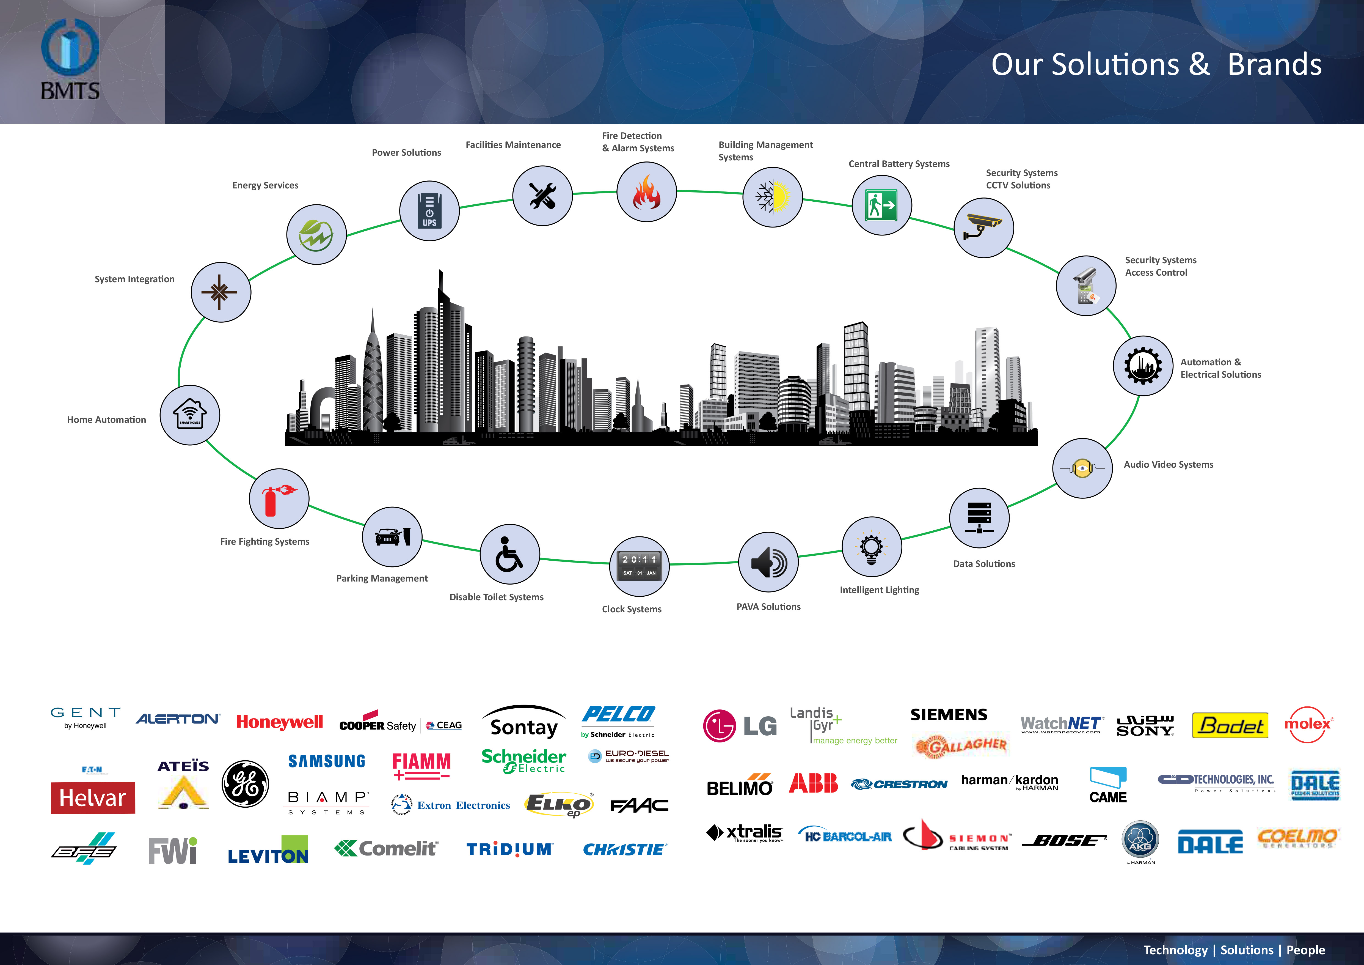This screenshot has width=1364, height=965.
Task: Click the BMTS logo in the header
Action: click(70, 59)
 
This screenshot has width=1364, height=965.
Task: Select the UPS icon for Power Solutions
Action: click(429, 211)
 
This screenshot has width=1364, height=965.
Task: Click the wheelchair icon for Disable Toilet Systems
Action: click(509, 554)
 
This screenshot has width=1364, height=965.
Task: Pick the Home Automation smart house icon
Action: click(190, 415)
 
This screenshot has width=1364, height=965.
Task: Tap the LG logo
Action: click(740, 725)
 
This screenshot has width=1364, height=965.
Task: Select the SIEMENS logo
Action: click(949, 714)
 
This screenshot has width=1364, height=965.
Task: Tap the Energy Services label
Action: click(265, 185)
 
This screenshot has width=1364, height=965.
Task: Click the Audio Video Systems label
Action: click(1168, 465)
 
